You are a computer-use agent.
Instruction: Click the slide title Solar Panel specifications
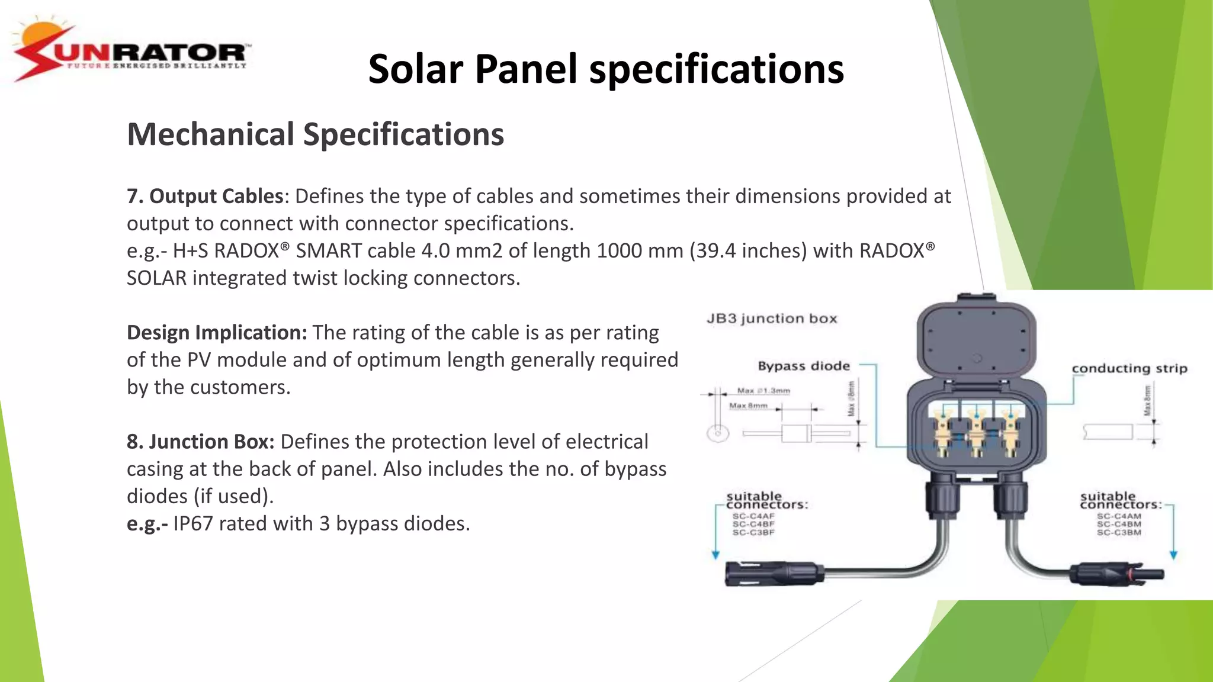[x=606, y=69]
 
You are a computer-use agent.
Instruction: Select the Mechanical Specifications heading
[x=315, y=134]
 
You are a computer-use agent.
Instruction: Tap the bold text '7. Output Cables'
[x=205, y=196]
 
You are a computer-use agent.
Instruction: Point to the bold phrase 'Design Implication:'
[x=217, y=333]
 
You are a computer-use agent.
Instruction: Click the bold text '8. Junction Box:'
[x=200, y=442]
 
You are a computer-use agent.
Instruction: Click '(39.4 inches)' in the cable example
[x=747, y=250]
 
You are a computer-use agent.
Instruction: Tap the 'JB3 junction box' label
[x=772, y=319]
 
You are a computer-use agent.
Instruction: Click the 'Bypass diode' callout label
[x=804, y=366]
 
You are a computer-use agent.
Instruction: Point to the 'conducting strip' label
[x=1129, y=368]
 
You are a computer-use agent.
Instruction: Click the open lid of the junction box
[x=976, y=338]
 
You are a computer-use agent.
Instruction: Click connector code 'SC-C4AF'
[x=753, y=516]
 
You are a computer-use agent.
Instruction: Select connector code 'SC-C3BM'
[x=1119, y=533]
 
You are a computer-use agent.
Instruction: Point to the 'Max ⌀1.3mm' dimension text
[x=763, y=391]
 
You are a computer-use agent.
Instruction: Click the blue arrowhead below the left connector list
[x=715, y=555]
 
